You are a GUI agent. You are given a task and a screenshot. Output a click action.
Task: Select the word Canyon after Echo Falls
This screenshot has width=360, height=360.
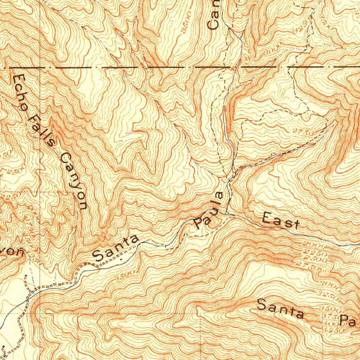pyautogui.click(x=73, y=181)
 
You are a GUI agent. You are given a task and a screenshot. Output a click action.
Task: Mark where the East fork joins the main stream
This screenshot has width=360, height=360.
pyautogui.click(x=227, y=213)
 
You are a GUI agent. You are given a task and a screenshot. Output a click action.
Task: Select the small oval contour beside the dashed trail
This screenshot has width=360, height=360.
pyautogui.click(x=306, y=115)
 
